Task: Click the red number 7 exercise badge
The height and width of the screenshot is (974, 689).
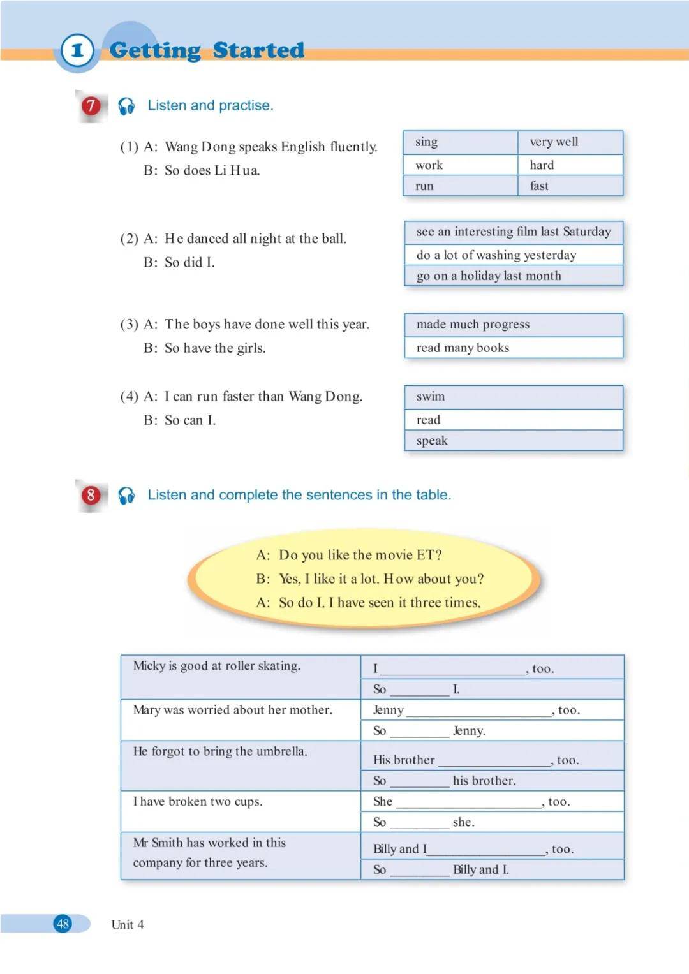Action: [91, 105]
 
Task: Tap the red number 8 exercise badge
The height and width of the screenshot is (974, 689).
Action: [91, 495]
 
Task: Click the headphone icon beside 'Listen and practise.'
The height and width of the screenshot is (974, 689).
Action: [126, 106]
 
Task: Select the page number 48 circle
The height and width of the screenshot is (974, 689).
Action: [63, 923]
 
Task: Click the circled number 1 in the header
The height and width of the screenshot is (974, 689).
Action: [77, 50]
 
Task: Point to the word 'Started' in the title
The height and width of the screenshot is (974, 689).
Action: [258, 50]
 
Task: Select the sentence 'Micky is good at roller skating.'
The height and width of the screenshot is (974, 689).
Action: [216, 666]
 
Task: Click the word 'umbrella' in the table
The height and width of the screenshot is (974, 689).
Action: [281, 751]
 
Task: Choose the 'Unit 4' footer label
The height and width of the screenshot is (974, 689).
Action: [128, 924]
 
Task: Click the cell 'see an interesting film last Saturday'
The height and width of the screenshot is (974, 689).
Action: [514, 232]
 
